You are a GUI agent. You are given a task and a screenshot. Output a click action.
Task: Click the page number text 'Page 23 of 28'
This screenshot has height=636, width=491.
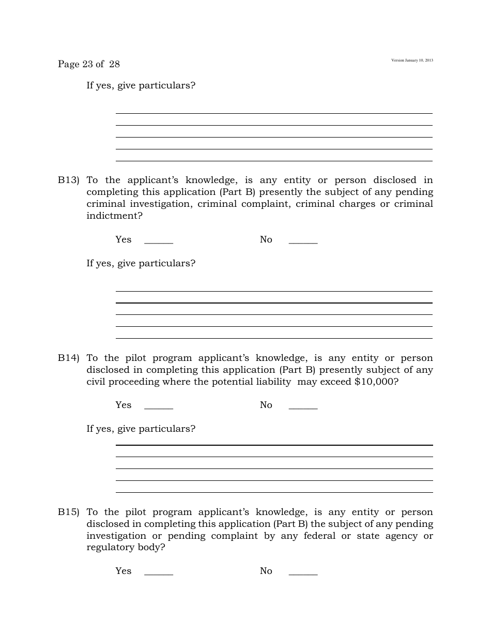tap(89, 64)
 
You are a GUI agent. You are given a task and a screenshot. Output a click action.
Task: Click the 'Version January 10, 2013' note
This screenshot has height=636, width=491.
tap(412, 60)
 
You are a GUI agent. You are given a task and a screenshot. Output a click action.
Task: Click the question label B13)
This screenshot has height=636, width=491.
tap(68, 180)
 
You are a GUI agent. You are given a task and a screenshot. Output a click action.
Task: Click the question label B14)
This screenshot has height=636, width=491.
tap(68, 358)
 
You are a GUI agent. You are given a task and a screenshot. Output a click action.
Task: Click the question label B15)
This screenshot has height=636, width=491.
tap(68, 512)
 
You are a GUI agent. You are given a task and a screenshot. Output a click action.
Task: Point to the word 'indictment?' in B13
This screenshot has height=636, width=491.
tap(114, 216)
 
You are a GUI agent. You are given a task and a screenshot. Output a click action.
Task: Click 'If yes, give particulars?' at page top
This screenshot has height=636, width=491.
tap(141, 86)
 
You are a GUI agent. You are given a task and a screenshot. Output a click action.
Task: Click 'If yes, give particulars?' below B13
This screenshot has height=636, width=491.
tap(141, 264)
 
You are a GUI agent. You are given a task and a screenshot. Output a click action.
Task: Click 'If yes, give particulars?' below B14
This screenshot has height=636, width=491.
tap(141, 429)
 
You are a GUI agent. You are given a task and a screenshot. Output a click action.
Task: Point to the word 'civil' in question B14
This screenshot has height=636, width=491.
tap(97, 382)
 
